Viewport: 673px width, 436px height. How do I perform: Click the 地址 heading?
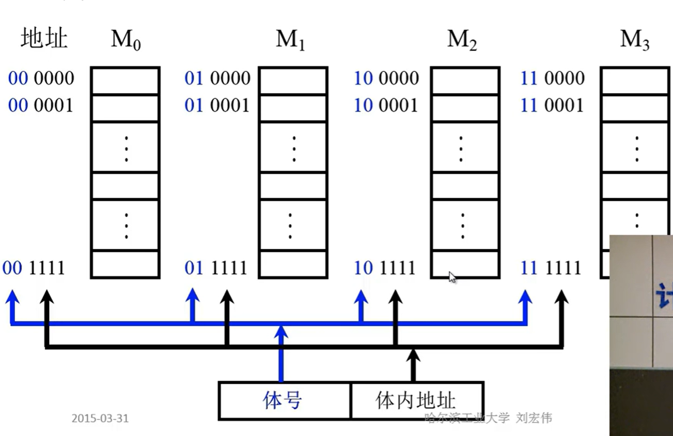[x=44, y=39]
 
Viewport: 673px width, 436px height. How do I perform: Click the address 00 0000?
[x=41, y=79]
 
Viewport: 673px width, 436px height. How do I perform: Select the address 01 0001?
[x=217, y=106]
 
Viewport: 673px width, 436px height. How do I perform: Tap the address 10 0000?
[x=386, y=79]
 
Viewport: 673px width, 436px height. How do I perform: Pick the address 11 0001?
[x=552, y=106]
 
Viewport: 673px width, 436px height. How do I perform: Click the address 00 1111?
[x=34, y=268]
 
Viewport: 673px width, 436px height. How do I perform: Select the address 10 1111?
[x=385, y=268]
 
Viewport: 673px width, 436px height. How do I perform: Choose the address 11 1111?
[x=551, y=268]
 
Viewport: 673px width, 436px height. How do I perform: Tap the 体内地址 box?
[x=416, y=400]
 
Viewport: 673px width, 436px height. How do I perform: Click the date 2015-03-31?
[x=100, y=418]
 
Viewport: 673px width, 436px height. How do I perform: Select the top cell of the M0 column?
[x=125, y=81]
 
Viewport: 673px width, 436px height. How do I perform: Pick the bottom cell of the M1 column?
[x=293, y=264]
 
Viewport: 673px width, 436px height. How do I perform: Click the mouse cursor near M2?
[x=452, y=277]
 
